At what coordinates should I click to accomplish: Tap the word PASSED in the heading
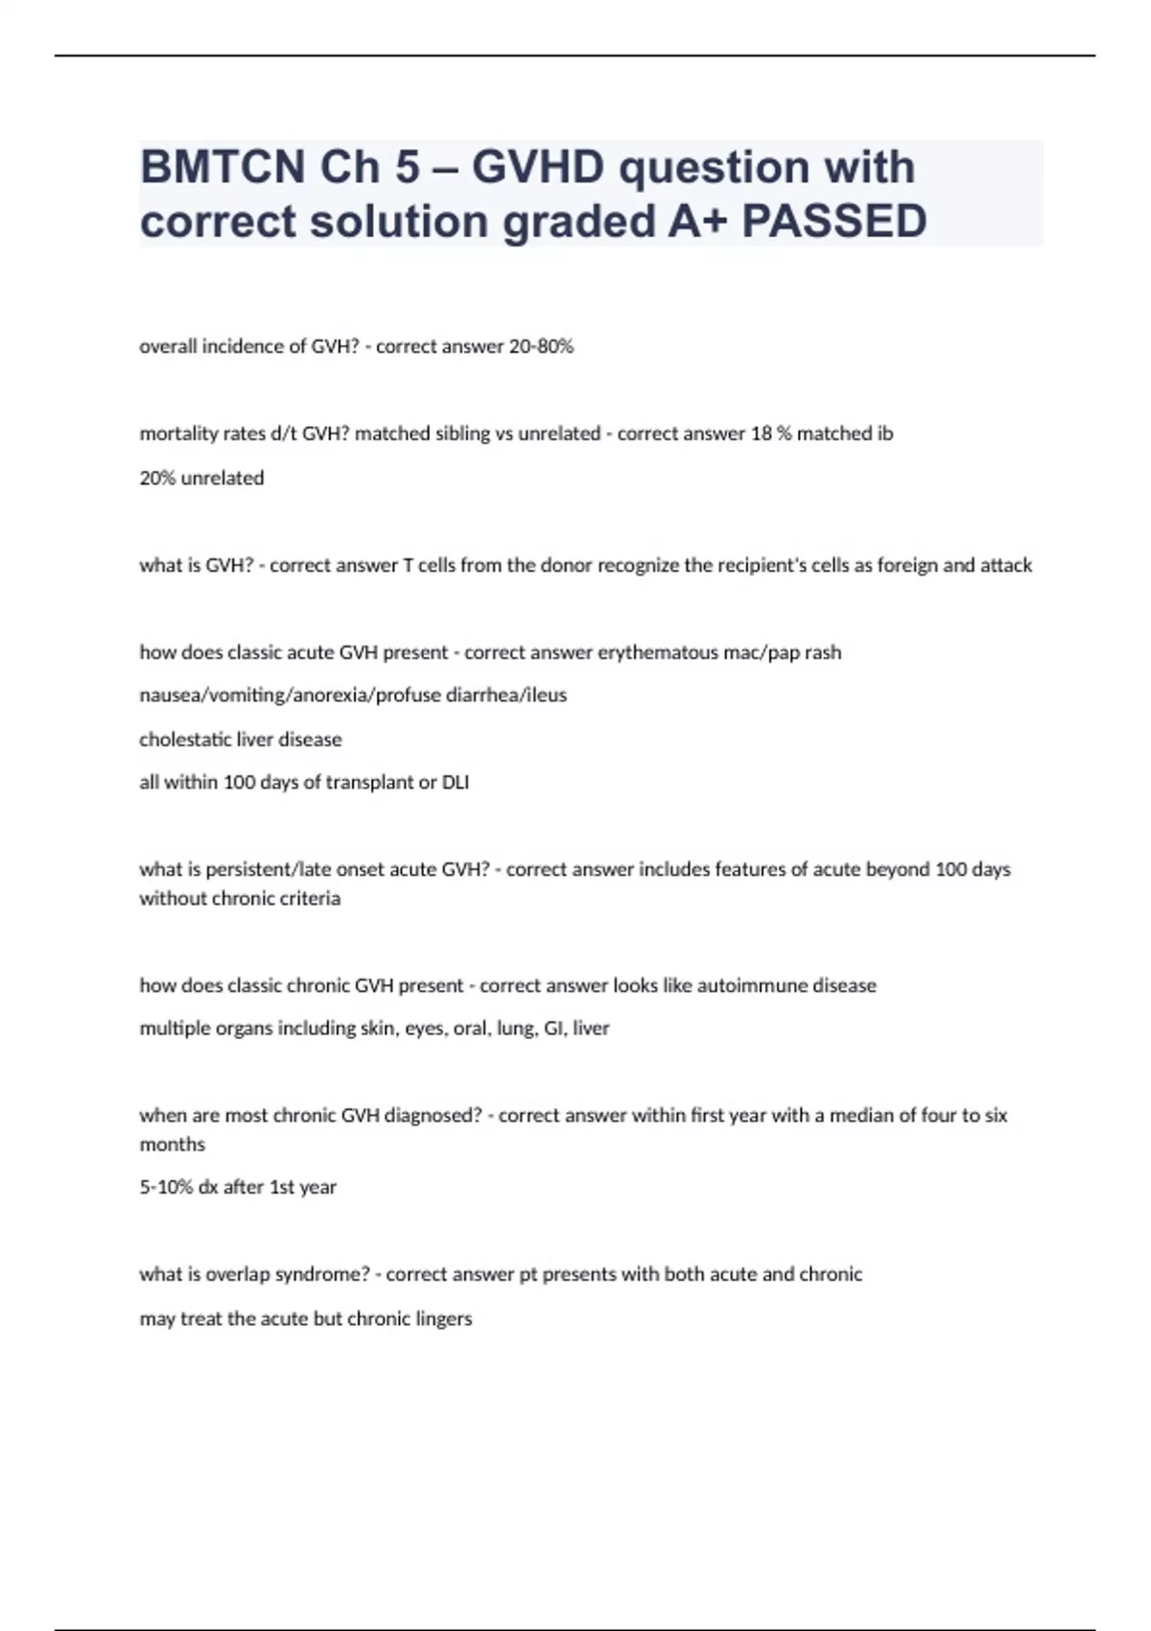click(x=834, y=222)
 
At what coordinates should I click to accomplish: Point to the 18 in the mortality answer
click(x=761, y=434)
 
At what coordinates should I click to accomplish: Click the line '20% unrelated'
click(x=201, y=478)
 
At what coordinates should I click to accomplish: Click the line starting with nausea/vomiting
click(x=353, y=695)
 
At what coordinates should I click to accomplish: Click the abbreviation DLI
click(x=455, y=782)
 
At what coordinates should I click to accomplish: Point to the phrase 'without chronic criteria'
click(x=240, y=899)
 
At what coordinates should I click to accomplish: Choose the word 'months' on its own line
click(x=173, y=1145)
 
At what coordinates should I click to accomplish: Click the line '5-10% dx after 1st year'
click(x=238, y=1188)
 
